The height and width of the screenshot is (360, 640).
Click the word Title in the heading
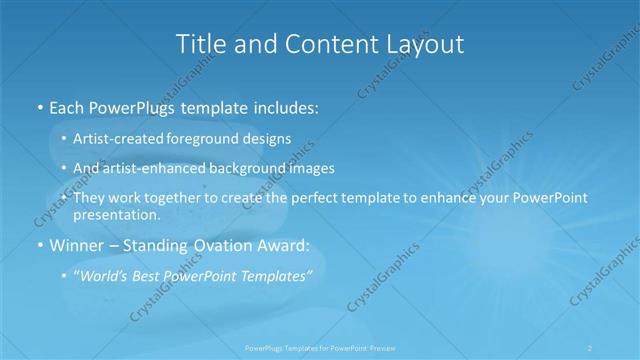click(198, 44)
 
